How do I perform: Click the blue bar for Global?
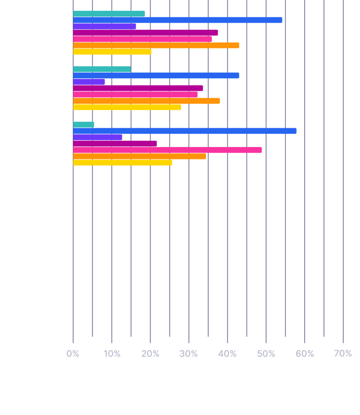(177, 20)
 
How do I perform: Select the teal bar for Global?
(109, 14)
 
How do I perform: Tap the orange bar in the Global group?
(156, 45)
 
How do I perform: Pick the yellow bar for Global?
(112, 52)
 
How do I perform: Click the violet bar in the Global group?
(104, 26)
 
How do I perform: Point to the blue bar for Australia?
(156, 75)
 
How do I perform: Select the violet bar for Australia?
(89, 82)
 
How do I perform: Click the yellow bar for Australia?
(127, 107)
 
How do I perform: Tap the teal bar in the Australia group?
(102, 69)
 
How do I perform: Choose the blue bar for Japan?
(185, 131)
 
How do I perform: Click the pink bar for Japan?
(167, 150)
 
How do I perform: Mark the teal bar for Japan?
(83, 124)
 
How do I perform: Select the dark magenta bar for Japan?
(115, 143)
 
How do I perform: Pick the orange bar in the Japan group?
(139, 156)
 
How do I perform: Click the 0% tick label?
(73, 354)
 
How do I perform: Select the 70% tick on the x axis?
(343, 354)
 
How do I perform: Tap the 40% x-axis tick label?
(227, 354)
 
